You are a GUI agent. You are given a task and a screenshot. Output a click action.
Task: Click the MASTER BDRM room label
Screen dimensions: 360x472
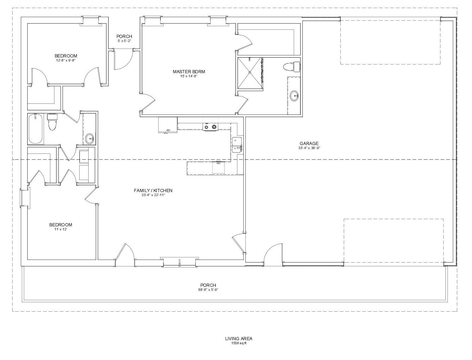189,72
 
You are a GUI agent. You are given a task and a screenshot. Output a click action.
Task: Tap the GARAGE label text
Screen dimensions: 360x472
309,143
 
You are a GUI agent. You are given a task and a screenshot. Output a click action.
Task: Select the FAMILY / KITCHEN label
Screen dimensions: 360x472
153,190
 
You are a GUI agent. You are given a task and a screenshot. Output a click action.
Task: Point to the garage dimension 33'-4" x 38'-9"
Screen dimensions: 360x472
309,148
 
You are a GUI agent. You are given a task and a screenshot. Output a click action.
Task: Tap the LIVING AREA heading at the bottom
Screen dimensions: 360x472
239,339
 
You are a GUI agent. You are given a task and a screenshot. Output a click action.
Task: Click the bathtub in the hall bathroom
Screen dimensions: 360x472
36,129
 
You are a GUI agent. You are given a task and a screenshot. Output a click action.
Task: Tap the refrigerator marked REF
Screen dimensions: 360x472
168,125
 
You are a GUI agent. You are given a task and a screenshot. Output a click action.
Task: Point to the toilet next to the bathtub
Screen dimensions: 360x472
52,122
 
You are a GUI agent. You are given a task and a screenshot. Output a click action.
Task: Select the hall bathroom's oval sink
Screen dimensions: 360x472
90,138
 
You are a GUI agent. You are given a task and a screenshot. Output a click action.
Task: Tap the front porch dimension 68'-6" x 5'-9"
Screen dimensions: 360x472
209,289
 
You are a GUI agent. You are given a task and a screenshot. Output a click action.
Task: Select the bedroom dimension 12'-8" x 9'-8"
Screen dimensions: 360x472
66,60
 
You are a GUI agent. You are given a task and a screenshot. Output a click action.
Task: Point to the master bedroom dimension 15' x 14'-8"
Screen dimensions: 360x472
189,76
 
